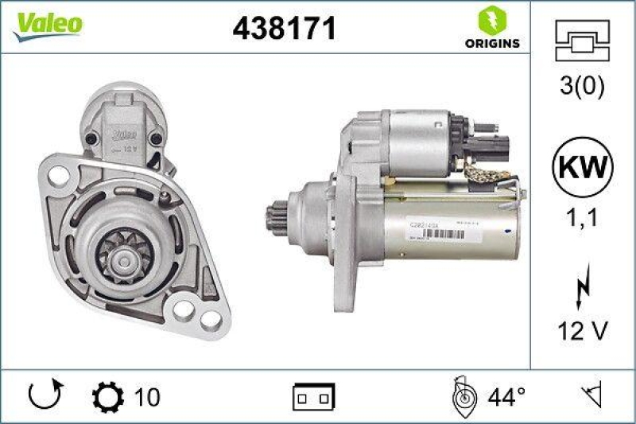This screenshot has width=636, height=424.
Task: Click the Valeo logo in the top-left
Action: (x=45, y=23)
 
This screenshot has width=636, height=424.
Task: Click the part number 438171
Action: (x=284, y=29)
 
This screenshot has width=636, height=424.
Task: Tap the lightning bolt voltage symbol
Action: (x=581, y=282)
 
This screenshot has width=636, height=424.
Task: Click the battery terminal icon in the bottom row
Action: (x=314, y=395)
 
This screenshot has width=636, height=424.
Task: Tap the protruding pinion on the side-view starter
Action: (x=277, y=219)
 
